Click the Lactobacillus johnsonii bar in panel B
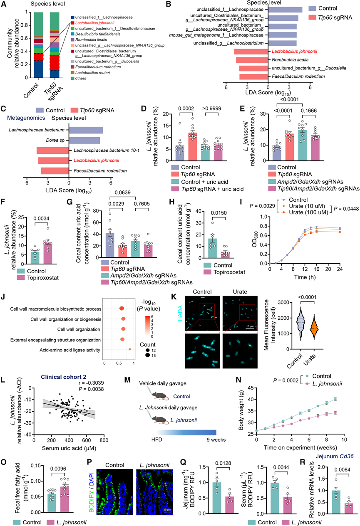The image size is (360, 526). [x=251, y=52]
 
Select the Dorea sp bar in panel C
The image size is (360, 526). [x=84, y=141]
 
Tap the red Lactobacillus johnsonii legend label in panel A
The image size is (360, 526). [x=95, y=23]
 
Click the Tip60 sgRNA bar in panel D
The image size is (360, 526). [x=192, y=147]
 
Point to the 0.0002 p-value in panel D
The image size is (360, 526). [x=186, y=109]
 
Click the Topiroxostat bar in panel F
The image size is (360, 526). [x=47, y=253]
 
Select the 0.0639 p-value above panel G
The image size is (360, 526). [x=122, y=193]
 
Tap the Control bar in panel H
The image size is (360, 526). [x=212, y=248]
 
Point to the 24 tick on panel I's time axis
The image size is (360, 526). [x=340, y=269]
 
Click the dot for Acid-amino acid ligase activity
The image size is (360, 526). [x=130, y=349]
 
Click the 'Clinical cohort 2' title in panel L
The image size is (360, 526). [x=63, y=377]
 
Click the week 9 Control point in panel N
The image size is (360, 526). [x=335, y=399]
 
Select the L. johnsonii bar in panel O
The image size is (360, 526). [x=65, y=499]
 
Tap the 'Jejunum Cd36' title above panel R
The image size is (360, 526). [x=334, y=456]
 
